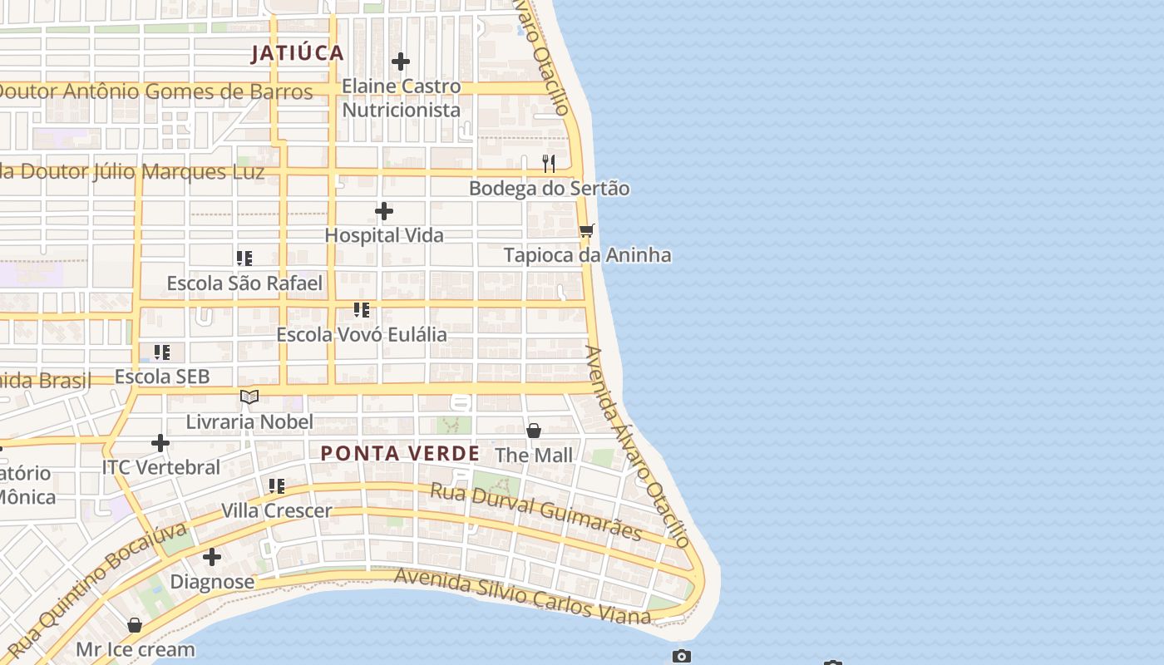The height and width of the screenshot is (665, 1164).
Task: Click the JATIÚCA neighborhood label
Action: [x=298, y=53]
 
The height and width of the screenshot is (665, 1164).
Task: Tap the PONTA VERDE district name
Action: [x=400, y=454]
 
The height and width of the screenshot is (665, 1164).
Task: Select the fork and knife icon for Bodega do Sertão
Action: [x=549, y=163]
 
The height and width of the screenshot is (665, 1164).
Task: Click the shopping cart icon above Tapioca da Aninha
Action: [x=587, y=230]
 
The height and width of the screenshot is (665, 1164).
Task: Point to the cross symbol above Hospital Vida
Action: [x=384, y=211]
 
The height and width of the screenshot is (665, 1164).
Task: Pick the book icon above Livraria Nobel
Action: [x=249, y=397]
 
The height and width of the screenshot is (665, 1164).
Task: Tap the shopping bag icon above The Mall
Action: [x=534, y=431]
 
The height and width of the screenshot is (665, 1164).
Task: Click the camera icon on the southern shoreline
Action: [x=682, y=656]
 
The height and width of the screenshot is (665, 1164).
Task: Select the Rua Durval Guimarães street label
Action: [x=536, y=510]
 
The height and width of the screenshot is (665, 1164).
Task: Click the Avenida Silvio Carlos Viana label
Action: [x=521, y=596]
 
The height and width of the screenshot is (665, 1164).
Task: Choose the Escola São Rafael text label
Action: [x=244, y=283]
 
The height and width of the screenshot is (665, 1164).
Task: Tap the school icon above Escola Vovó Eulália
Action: [x=362, y=310]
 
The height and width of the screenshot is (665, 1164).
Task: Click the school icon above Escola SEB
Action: [x=162, y=352]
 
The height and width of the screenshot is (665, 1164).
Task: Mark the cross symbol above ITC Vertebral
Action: [x=160, y=443]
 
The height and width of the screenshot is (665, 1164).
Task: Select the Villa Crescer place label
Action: [x=276, y=510]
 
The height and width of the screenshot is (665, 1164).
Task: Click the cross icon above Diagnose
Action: [x=212, y=556]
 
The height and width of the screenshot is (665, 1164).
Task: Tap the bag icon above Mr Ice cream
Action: [x=135, y=625]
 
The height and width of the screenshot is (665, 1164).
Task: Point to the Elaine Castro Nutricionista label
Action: [x=401, y=98]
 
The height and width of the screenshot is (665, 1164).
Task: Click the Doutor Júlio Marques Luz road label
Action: [x=133, y=172]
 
